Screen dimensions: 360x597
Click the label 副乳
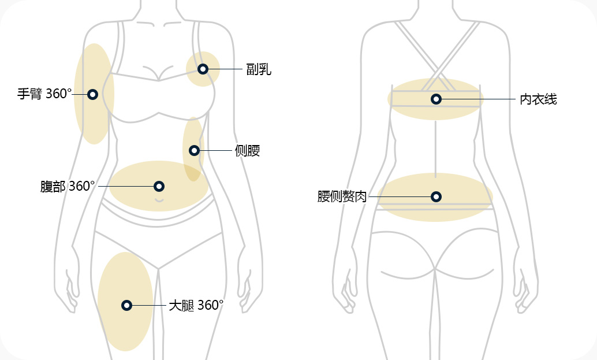[x=258, y=70]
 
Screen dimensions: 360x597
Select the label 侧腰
[x=247, y=151]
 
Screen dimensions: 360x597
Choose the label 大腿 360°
[x=196, y=305]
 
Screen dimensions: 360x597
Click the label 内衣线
[x=538, y=99]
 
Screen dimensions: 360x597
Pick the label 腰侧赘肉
[x=342, y=197]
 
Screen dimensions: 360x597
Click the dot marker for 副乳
[x=203, y=69]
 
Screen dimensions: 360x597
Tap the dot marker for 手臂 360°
[x=92, y=94]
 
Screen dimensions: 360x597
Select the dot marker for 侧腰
[x=194, y=151]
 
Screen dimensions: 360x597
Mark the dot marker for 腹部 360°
[x=159, y=186]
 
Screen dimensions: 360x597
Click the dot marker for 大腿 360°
[x=126, y=305]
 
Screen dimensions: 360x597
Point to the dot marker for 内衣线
[x=436, y=99]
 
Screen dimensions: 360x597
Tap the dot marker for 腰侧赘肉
[x=436, y=197]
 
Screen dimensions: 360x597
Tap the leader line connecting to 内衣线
[x=479, y=99]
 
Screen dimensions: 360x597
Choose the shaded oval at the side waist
[x=193, y=133]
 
